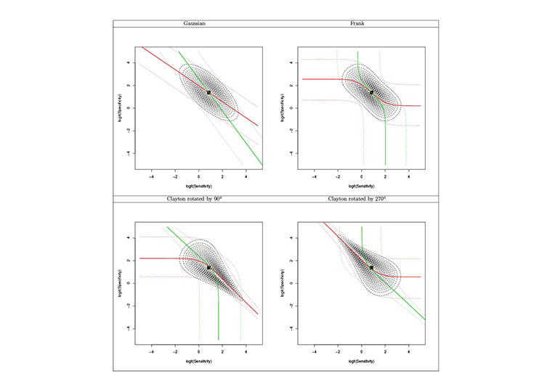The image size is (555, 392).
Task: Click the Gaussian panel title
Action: click(193, 24)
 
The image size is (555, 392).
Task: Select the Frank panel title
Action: click(357, 24)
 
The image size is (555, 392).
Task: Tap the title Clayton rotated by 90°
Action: click(193, 199)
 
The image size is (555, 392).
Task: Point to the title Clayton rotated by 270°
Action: click(357, 199)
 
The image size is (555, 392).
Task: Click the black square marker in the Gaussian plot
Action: click(209, 92)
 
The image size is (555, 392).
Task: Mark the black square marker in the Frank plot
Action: click(372, 92)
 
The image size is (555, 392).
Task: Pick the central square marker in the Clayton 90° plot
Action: click(209, 267)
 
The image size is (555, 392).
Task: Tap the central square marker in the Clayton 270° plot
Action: click(372, 267)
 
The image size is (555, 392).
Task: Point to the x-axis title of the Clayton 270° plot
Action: click(362, 362)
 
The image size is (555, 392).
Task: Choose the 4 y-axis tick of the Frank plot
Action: click(292, 62)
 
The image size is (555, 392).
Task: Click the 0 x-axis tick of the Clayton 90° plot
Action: click(199, 350)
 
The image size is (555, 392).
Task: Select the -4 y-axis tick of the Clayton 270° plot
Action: click(292, 328)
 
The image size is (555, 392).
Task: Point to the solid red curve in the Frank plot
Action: click(320, 78)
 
